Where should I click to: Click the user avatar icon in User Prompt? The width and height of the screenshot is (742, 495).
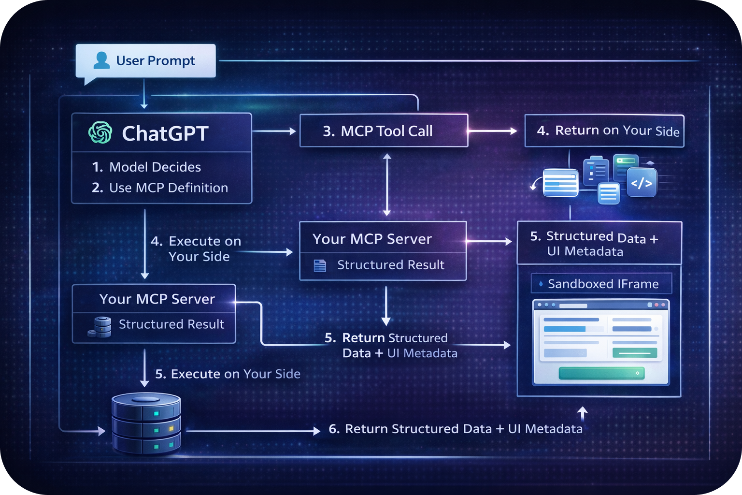point(101,60)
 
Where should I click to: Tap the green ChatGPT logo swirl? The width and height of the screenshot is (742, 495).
point(100,132)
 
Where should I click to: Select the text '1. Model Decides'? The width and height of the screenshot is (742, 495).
point(146,167)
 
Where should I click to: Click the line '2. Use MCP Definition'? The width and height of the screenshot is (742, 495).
point(160,188)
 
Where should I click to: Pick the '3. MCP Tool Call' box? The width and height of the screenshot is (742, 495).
point(384,131)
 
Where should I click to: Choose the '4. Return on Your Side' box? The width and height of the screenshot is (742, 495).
point(604,131)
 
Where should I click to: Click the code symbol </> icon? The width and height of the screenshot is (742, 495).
point(642,183)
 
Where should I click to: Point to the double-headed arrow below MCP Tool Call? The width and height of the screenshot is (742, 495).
point(387,184)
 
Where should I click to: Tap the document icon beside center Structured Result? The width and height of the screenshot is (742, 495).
point(320,265)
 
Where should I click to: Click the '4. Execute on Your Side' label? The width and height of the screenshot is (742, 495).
point(196,248)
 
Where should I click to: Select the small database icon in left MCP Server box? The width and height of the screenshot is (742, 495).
point(100,326)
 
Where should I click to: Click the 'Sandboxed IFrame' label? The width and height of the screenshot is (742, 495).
point(602,284)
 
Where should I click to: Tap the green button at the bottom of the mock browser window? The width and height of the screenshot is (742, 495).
point(601,373)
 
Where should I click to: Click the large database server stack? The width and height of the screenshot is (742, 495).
point(146,423)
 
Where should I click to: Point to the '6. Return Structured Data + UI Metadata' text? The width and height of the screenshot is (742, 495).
point(456,429)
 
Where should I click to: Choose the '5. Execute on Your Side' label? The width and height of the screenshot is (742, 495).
point(228,374)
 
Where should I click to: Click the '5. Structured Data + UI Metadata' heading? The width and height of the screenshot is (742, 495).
point(594,244)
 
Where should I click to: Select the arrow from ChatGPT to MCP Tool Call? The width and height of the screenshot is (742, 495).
point(274,131)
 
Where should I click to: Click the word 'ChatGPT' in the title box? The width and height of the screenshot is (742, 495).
point(165,133)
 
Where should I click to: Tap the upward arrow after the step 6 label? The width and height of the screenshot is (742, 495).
point(583,414)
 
